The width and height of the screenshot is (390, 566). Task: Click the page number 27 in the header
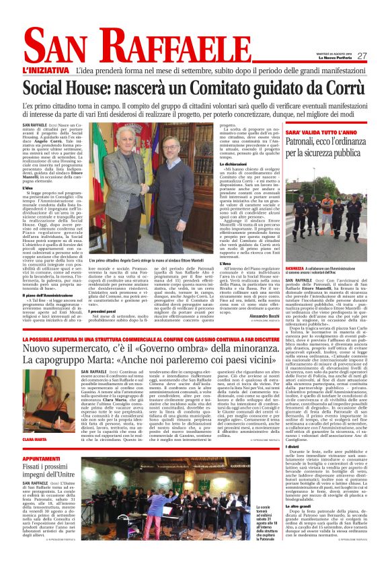362,56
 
